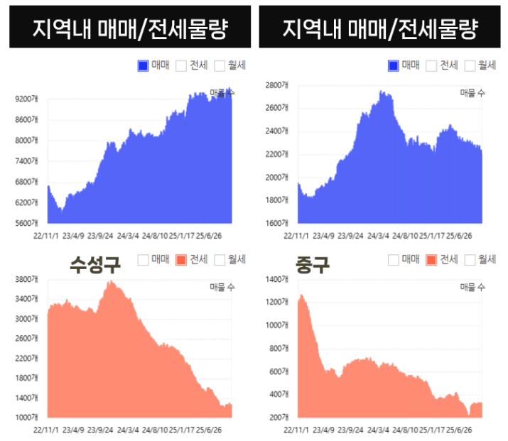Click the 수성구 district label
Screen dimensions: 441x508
pos(94,265)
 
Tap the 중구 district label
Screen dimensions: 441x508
pos(313,265)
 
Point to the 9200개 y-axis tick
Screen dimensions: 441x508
pos(30,99)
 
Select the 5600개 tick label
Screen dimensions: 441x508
pos(30,223)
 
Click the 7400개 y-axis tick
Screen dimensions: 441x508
pos(30,161)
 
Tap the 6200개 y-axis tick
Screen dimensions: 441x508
pos(30,202)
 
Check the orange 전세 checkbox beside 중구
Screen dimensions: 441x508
pos(431,260)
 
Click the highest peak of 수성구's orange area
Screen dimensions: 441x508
pos(109,282)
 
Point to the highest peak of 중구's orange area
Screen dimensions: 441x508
pos(301,295)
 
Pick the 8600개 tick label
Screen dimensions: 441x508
pos(30,120)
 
